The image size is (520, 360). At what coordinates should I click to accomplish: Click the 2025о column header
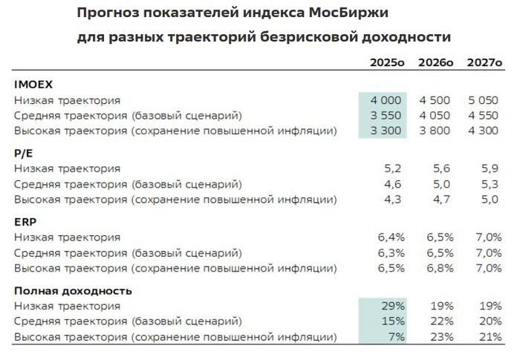tap(388, 64)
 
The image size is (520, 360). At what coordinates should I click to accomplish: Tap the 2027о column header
tap(484, 64)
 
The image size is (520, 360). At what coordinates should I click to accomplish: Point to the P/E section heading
tap(23, 153)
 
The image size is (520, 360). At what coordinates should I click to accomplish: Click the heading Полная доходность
tap(73, 290)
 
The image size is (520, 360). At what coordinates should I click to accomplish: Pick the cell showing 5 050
tap(484, 100)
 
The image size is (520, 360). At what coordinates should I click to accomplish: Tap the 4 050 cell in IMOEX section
tap(435, 116)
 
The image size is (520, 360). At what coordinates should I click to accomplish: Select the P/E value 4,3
tap(394, 199)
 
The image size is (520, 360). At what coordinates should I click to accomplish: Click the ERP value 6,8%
tap(440, 267)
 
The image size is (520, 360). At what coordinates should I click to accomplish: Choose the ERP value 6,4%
tap(391, 237)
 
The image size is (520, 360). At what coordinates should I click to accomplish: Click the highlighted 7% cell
tap(397, 336)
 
